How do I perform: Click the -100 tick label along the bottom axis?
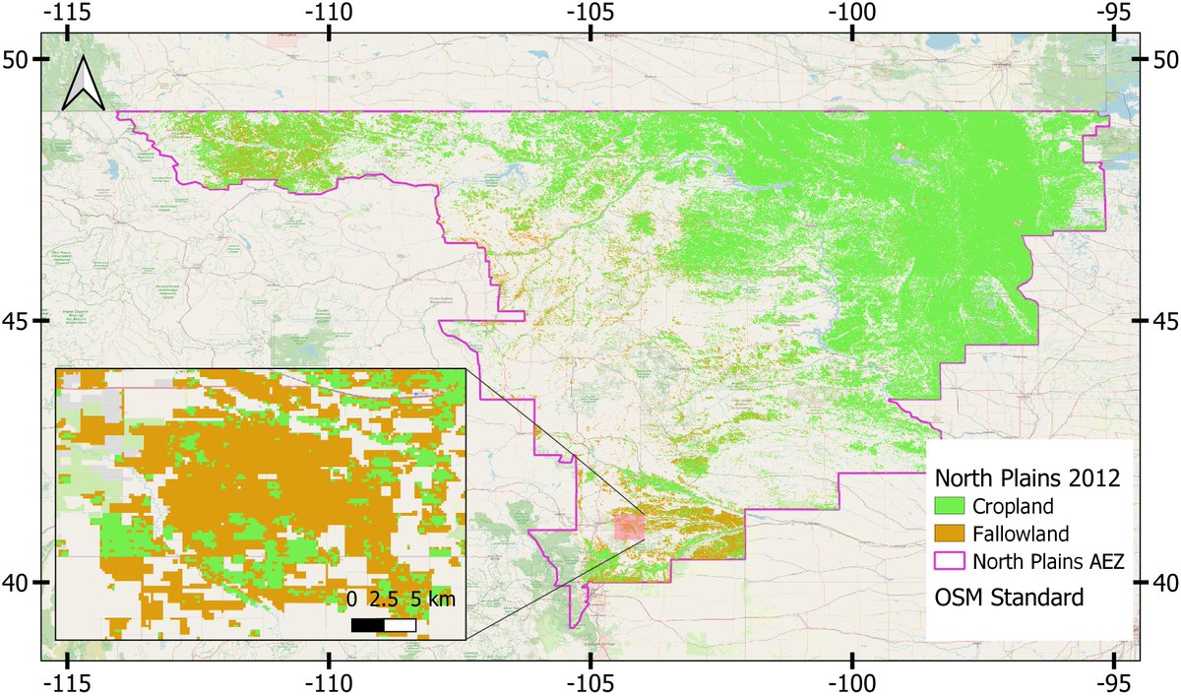[851, 681]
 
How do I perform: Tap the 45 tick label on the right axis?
[1163, 321]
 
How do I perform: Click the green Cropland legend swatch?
[948, 508]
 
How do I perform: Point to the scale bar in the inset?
[384, 624]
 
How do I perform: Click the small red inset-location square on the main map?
[628, 527]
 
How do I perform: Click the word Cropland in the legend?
[1009, 508]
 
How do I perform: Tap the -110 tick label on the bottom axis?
[329, 681]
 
